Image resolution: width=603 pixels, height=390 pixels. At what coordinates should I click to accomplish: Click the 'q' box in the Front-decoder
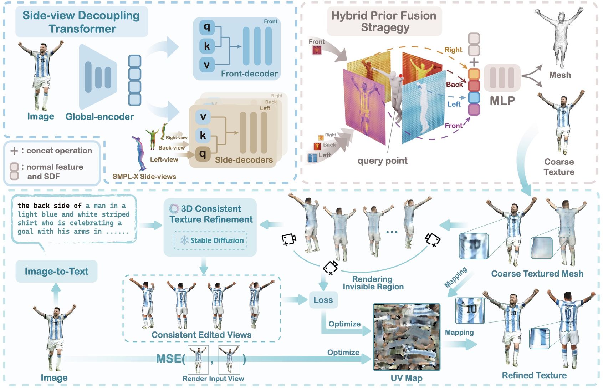point(207,27)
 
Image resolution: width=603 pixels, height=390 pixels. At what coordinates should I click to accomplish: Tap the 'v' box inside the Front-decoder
point(207,65)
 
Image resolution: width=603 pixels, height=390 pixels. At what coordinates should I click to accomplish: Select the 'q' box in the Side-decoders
point(203,154)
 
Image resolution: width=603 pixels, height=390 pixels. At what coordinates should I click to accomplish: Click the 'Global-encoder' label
point(99,117)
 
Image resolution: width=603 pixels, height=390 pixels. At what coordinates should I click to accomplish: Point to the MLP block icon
point(502,77)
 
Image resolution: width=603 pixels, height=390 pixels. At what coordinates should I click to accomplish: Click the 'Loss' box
point(323,300)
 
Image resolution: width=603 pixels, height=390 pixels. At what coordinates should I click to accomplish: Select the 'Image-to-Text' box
point(56,272)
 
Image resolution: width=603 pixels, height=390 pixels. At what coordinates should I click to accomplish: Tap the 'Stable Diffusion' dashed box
point(210,240)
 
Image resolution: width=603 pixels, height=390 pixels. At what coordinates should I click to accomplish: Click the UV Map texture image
point(407,337)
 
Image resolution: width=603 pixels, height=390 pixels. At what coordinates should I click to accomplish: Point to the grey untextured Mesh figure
point(559,36)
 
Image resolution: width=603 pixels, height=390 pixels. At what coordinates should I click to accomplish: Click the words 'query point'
point(382,161)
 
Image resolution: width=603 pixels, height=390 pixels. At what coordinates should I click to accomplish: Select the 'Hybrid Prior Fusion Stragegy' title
point(384,21)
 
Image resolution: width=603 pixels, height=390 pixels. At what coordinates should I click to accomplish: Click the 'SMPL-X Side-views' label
point(144,177)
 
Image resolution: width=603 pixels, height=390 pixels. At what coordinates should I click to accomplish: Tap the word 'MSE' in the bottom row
point(168,359)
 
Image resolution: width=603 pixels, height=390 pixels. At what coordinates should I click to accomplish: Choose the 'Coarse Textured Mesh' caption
point(537,274)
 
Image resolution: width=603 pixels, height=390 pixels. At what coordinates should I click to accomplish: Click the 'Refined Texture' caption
point(534,375)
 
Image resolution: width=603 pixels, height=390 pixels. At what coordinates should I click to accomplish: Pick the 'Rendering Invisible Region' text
point(373,283)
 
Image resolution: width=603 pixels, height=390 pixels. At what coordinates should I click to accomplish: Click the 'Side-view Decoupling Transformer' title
point(81,22)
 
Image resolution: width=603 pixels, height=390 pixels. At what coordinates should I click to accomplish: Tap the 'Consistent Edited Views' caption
point(201,335)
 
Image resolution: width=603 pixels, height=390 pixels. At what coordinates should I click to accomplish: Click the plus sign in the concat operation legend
point(14,151)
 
